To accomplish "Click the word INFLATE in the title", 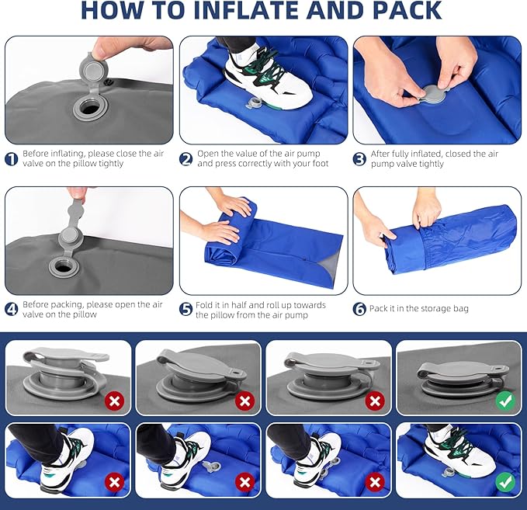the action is [x=247, y=10].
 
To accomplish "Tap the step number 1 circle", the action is [x=12, y=159].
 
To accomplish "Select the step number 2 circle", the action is [x=185, y=159].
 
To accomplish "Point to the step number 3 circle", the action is [x=359, y=159].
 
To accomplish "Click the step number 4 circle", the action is [x=12, y=309].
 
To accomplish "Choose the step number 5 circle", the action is [x=185, y=309].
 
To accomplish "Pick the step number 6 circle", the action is [x=359, y=309].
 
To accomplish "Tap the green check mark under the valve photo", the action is [x=505, y=401].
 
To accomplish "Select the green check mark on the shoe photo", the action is [x=505, y=482].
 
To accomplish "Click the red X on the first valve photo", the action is [x=115, y=401].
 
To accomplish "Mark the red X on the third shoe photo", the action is [x=375, y=482].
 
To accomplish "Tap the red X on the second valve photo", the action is [x=245, y=401].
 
